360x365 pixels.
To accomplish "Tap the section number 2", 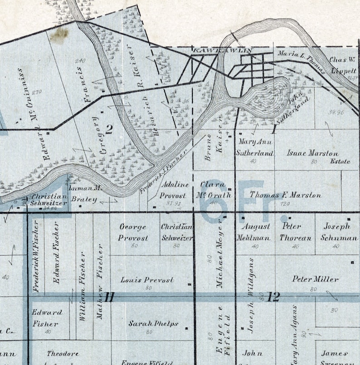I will [109, 129].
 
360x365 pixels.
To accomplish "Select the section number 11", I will [109, 298].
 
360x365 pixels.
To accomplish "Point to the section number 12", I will [273, 297].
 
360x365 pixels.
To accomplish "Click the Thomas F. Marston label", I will [285, 195].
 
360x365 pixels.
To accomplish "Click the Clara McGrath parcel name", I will [215, 190].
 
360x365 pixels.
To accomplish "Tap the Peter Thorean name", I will [295, 232].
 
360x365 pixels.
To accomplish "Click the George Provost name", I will [133, 232].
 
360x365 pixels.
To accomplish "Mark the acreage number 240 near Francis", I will [81, 61].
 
